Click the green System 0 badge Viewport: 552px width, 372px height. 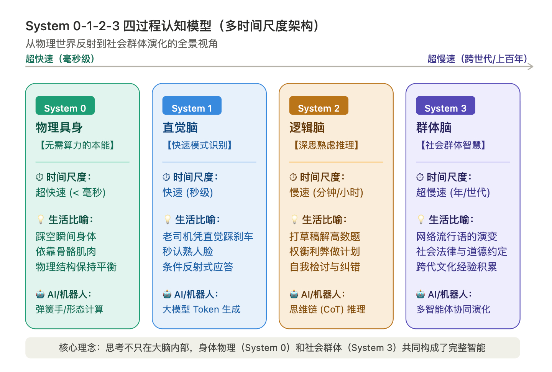(65, 105)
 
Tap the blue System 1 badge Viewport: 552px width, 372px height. (192, 105)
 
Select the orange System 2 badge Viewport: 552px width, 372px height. (319, 105)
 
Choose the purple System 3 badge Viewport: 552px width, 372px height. (445, 105)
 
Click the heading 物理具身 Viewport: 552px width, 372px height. (59, 127)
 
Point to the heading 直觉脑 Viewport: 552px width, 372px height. (180, 127)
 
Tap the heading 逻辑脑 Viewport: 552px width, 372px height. (307, 127)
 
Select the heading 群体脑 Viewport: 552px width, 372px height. (434, 127)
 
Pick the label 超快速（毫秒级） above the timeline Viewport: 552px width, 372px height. (61, 59)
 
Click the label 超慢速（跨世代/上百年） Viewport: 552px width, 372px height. (478, 59)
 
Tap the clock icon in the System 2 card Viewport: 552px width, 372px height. (293, 177)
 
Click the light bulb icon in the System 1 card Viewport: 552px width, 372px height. (168, 219)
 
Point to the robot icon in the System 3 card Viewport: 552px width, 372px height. (421, 294)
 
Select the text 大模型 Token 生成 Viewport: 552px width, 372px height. (201, 309)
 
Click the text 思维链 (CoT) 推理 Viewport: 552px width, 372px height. (327, 309)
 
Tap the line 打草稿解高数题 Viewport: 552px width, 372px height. (325, 236)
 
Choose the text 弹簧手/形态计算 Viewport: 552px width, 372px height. (69, 309)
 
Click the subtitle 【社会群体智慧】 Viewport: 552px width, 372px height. (453, 145)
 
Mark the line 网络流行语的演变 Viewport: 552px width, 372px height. (457, 236)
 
